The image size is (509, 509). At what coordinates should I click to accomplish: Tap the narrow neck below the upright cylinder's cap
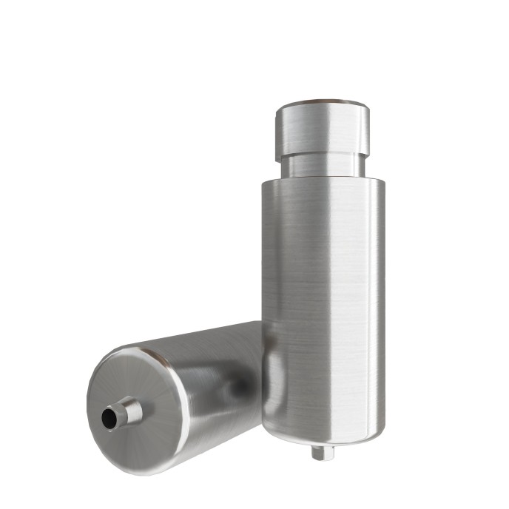(x=323, y=164)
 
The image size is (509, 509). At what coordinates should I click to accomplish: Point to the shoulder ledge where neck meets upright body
(x=323, y=180)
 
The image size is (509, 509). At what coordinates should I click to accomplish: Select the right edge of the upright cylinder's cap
(x=368, y=127)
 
